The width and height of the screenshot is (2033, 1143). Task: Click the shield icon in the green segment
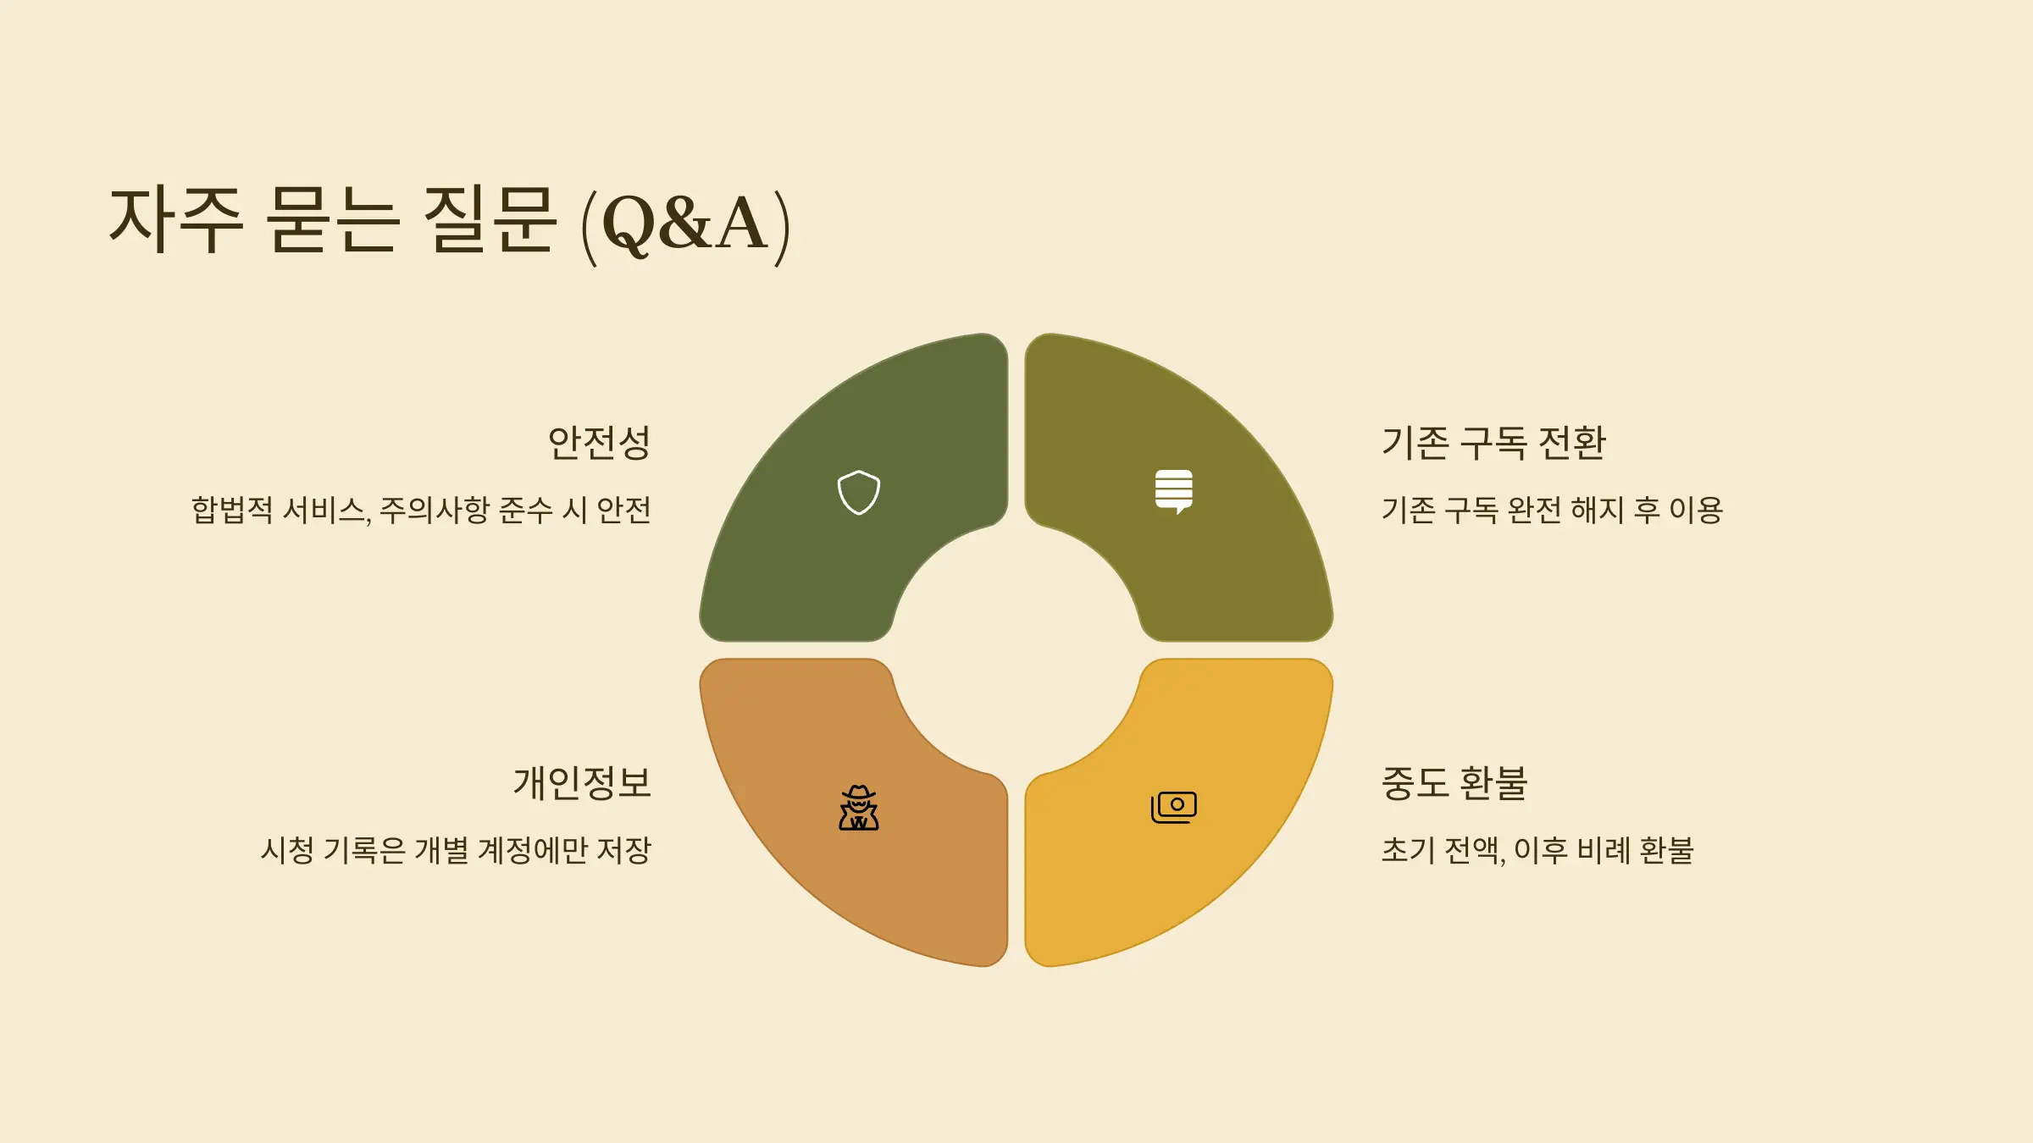[858, 492]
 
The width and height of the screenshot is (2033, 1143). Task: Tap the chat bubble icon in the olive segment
[1173, 491]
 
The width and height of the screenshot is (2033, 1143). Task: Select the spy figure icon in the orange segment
[858, 808]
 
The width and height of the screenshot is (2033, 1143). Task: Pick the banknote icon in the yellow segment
[1173, 807]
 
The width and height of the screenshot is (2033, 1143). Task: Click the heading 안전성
[599, 443]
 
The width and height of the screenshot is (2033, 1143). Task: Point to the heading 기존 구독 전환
[1493, 443]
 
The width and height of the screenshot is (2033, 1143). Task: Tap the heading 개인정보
[582, 783]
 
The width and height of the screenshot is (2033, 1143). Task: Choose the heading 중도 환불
[1454, 783]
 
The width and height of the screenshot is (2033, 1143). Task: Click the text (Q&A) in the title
[685, 224]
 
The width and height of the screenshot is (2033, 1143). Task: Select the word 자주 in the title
[177, 220]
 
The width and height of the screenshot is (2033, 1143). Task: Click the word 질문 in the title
[490, 220]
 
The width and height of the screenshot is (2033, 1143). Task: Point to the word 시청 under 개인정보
[287, 851]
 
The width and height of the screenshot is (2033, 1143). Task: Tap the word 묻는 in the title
[332, 220]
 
